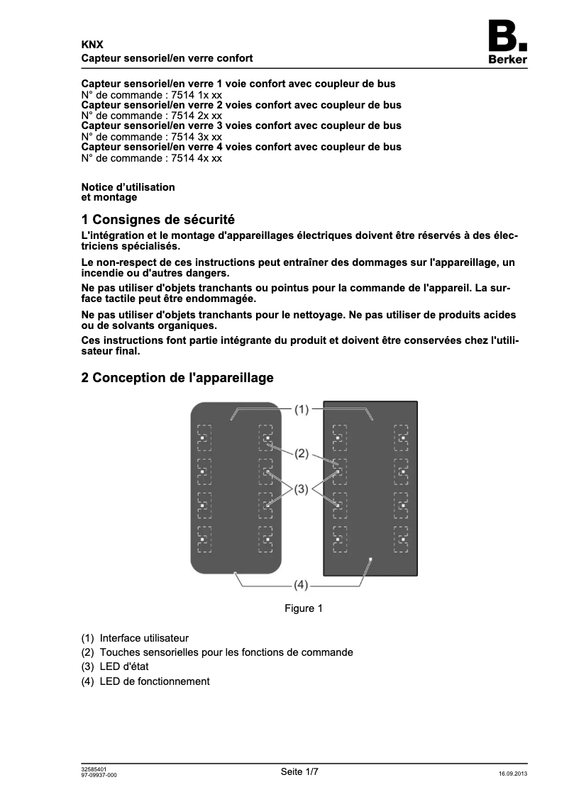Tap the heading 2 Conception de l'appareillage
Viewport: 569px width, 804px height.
177,378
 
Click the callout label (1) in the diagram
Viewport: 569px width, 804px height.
302,409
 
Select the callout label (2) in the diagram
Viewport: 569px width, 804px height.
302,454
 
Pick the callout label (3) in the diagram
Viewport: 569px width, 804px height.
302,488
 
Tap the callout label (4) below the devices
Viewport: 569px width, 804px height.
302,585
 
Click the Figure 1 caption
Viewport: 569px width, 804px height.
304,608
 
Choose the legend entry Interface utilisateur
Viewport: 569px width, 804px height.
144,638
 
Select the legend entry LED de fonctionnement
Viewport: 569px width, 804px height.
155,681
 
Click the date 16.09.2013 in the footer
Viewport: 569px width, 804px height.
513,774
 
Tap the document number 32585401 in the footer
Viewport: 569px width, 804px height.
94,769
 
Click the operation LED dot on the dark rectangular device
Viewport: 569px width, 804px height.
370,559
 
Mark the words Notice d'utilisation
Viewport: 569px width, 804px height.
128,187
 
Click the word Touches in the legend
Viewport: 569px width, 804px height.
118,652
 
